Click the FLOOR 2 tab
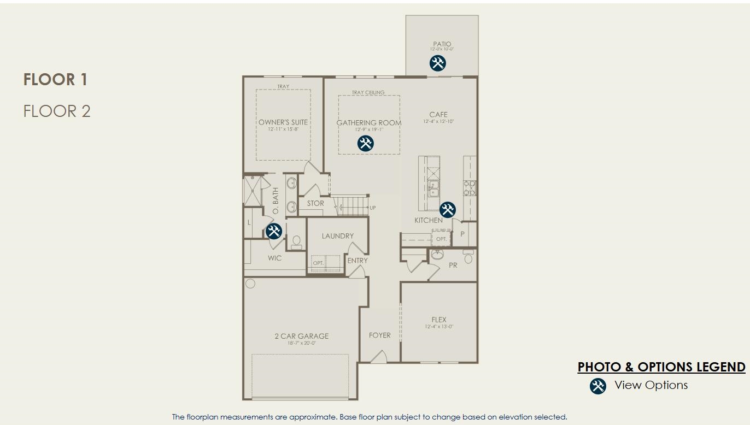(57, 111)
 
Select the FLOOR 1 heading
(55, 80)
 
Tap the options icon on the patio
(437, 63)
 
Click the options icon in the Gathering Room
(365, 144)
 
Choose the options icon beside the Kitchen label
(447, 209)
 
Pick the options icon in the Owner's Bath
(273, 231)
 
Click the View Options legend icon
(598, 386)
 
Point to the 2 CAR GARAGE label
(301, 336)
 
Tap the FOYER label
(379, 335)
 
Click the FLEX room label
(438, 320)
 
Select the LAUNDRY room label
(337, 236)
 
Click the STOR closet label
(315, 203)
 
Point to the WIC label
(274, 258)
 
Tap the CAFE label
(438, 115)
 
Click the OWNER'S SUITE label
(283, 122)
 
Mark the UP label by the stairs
(373, 208)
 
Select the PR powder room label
(453, 265)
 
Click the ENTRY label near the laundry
(358, 261)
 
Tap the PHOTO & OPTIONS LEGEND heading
(661, 367)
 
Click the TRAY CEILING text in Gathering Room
(368, 92)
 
